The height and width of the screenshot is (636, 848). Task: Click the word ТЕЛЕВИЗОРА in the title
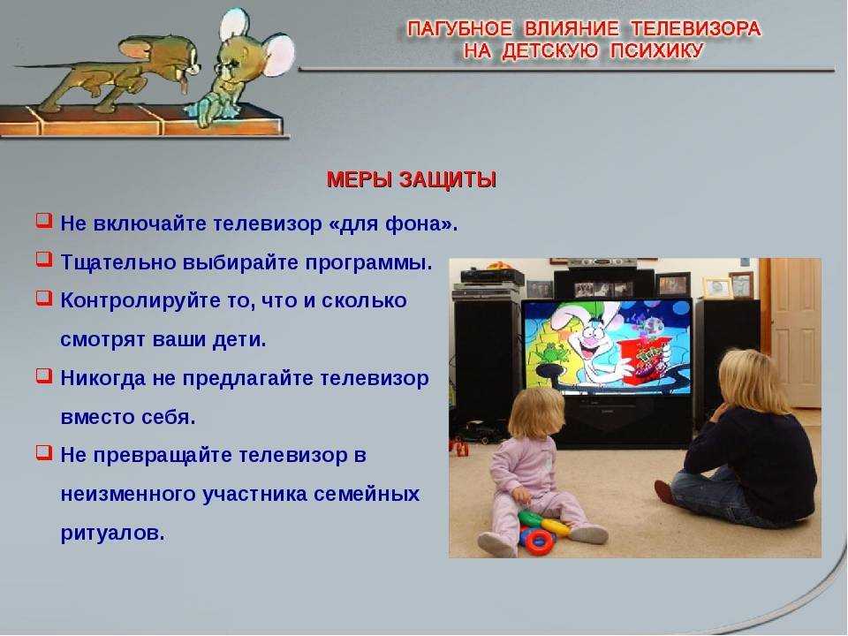click(x=695, y=28)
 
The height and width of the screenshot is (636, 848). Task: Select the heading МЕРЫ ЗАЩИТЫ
click(x=412, y=179)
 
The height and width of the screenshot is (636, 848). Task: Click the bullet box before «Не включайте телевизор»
click(x=44, y=221)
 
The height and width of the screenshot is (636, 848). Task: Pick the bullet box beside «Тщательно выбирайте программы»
click(x=44, y=259)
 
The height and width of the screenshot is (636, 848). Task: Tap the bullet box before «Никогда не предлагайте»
click(x=44, y=375)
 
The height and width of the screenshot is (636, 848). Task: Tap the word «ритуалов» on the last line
click(x=112, y=534)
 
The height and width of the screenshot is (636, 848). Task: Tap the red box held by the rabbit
click(x=647, y=360)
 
